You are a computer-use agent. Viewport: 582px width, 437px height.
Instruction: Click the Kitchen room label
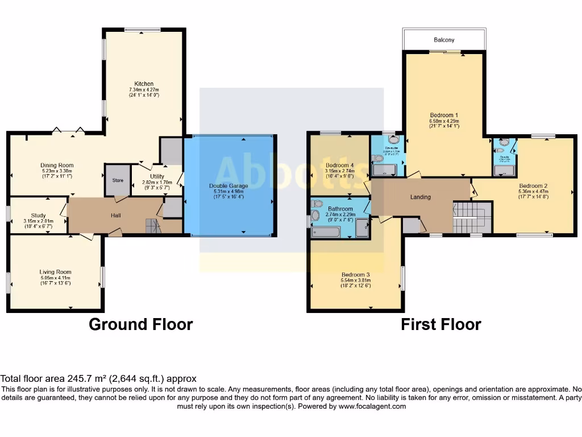click(143, 84)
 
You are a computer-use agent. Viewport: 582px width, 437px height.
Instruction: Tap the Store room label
click(118, 180)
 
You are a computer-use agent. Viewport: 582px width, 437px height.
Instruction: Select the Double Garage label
click(229, 185)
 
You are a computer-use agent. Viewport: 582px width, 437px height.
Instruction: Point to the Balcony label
click(444, 40)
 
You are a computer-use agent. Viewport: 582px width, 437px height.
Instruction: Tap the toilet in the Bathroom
click(318, 203)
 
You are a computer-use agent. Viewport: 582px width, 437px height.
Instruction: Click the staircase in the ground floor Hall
click(153, 226)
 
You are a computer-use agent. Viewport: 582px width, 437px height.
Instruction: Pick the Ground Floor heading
click(141, 324)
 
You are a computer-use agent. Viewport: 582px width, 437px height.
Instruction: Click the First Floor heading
click(441, 324)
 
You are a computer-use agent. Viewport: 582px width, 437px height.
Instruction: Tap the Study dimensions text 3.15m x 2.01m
click(39, 221)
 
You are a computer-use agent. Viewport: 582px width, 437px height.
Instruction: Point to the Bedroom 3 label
click(356, 274)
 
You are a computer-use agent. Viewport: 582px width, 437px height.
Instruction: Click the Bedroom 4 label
click(340, 166)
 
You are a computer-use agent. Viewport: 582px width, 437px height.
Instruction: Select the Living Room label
click(55, 272)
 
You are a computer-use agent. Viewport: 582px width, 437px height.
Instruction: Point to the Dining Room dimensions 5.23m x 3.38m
click(57, 171)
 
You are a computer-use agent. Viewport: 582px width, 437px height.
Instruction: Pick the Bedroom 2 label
click(533, 185)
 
